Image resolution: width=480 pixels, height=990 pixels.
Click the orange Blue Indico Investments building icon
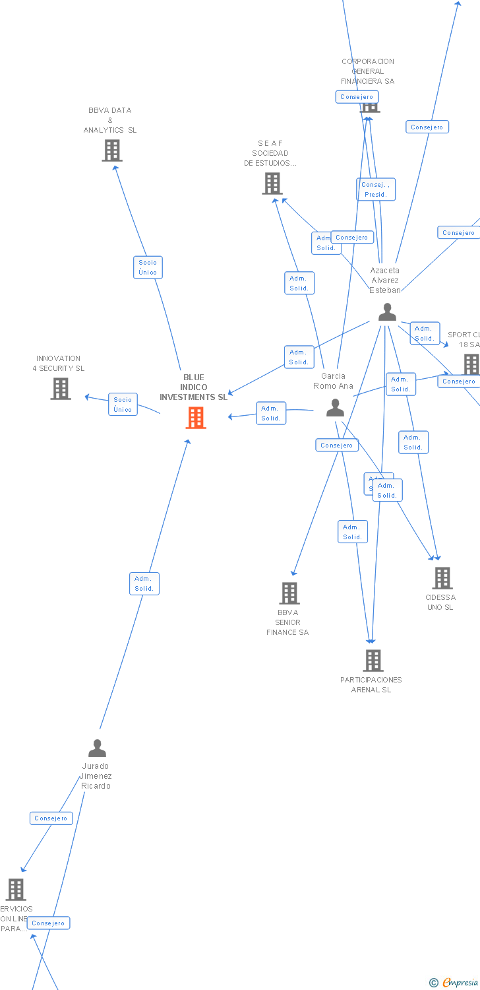pos(196,418)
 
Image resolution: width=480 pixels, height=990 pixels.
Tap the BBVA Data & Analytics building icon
pos(112,150)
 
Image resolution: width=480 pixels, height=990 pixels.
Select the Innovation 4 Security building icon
pos(61,389)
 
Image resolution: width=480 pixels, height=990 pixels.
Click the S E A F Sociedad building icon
pos(272,183)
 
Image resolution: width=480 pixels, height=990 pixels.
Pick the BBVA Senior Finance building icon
pos(289,593)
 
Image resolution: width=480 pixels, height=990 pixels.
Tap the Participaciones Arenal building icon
pos(373,660)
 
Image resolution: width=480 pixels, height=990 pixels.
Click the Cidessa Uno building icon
pos(442,578)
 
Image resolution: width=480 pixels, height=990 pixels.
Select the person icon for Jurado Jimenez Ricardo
pos(97,748)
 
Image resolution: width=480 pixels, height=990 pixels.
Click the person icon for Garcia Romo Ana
pos(335,408)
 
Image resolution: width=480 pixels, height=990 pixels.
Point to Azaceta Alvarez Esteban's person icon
pos(387,312)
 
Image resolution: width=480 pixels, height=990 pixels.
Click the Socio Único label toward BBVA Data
pos(148,267)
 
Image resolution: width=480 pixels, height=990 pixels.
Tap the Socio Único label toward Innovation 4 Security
pos(123,405)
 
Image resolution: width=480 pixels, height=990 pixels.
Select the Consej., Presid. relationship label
pos(376,189)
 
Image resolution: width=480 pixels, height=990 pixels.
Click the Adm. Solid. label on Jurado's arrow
pos(144,583)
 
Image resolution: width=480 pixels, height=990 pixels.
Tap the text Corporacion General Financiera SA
pos(368,71)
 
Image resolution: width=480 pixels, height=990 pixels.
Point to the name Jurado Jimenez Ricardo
pos(96,776)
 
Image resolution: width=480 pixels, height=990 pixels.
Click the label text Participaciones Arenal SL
pos(371,684)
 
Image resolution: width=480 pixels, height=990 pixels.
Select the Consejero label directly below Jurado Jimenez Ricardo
pos(51,818)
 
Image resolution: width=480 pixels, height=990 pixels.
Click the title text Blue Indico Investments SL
pos(193,387)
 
